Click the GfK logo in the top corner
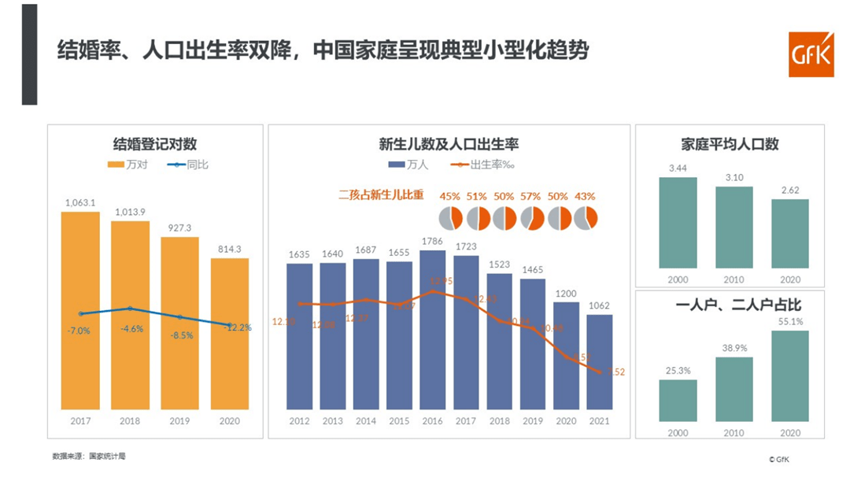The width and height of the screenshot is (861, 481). (811, 55)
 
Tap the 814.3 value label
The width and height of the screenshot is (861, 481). (230, 248)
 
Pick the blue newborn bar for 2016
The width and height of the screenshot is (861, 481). (433, 331)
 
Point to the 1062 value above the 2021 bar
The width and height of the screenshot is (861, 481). (600, 305)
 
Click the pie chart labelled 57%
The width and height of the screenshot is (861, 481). (531, 218)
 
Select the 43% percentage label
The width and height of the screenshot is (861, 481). (585, 196)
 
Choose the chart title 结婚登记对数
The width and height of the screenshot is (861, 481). (155, 144)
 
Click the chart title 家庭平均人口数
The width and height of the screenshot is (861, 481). (730, 145)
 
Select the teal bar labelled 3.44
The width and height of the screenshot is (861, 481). (678, 222)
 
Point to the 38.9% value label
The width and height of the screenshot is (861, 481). (734, 347)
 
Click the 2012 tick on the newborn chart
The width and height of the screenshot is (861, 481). (299, 422)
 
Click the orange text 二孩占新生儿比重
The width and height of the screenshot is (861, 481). (381, 194)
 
